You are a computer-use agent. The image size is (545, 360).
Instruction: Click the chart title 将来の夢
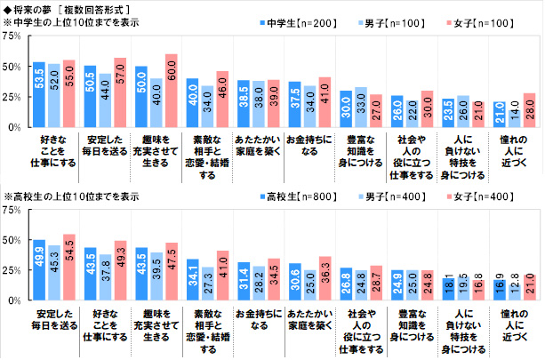(36, 8)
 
